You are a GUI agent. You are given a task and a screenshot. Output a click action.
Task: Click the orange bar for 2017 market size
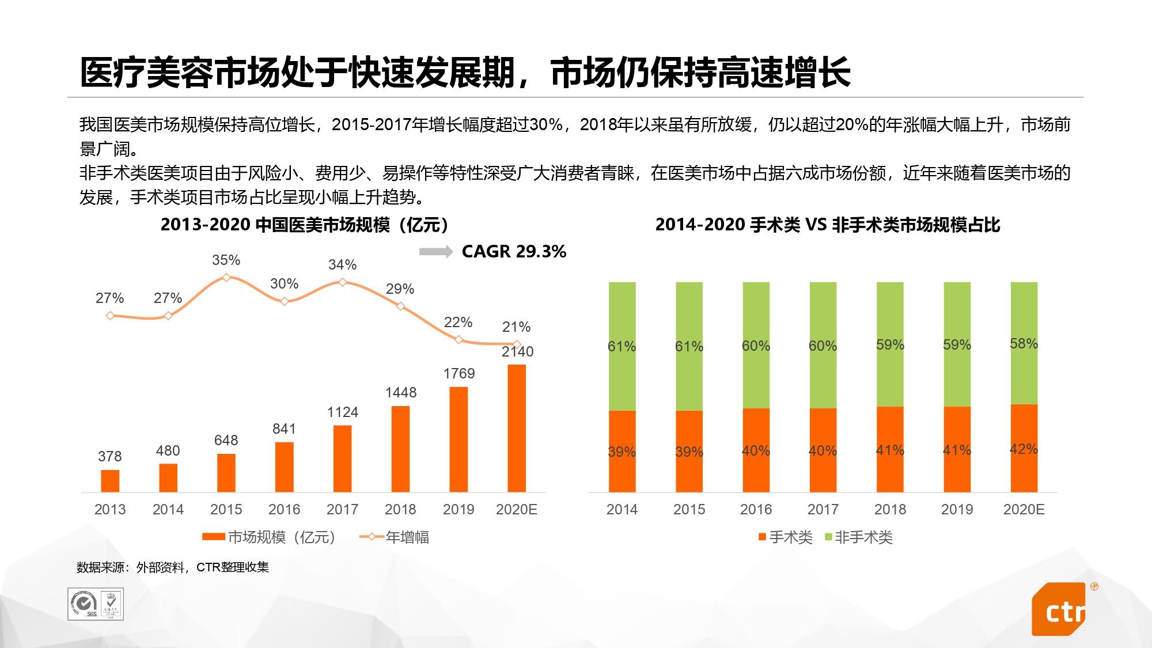pyautogui.click(x=342, y=458)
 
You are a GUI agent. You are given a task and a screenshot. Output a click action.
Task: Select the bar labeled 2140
pyautogui.click(x=517, y=428)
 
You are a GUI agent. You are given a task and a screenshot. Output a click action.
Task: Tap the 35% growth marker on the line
pyautogui.click(x=226, y=278)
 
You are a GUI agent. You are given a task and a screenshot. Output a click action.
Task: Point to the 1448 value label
pyautogui.click(x=400, y=393)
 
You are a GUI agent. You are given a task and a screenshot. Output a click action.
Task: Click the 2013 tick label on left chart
pyautogui.click(x=109, y=510)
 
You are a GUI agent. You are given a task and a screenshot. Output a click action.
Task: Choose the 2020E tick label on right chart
pyautogui.click(x=1024, y=510)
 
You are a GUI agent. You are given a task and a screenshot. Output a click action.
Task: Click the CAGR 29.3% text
pyautogui.click(x=514, y=252)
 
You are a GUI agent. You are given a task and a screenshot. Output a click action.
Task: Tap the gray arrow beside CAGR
pyautogui.click(x=435, y=252)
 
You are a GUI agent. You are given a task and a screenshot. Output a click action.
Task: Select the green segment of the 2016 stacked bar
pyautogui.click(x=756, y=345)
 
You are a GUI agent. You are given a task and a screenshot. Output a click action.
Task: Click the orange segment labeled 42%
pyautogui.click(x=1024, y=448)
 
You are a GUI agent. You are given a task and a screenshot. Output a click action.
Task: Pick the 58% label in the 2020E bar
pyautogui.click(x=1024, y=344)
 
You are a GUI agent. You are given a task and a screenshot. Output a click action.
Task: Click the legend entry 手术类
pyautogui.click(x=786, y=537)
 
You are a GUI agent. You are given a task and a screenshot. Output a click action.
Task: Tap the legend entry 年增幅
pyautogui.click(x=395, y=537)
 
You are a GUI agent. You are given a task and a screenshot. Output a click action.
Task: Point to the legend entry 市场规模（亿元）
pyautogui.click(x=269, y=537)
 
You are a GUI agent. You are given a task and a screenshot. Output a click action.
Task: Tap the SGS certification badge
pyautogui.click(x=84, y=604)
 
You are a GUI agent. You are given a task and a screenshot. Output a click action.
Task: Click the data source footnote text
pyautogui.click(x=173, y=567)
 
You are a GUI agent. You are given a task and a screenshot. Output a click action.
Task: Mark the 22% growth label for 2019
pyautogui.click(x=458, y=323)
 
